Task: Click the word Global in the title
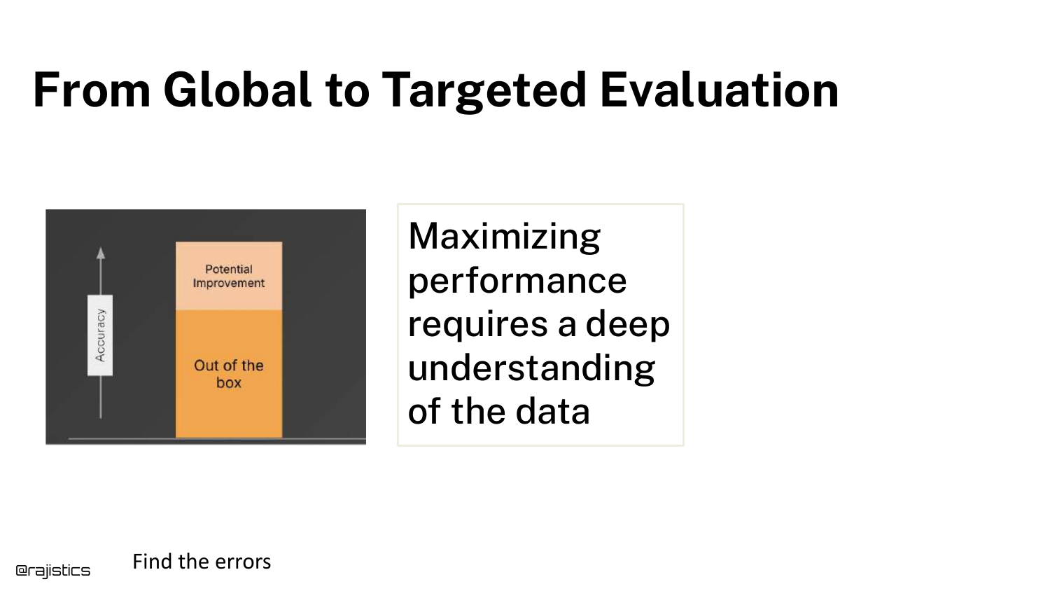237,90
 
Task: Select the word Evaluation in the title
719,90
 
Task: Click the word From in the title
92,90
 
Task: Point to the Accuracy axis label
100,335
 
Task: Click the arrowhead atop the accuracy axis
101,253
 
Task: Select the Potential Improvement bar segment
229,276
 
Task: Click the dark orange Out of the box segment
229,374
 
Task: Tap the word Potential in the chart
229,269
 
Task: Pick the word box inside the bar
229,383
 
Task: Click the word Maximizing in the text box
505,237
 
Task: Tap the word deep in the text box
628,324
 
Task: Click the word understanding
531,368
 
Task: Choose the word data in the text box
553,410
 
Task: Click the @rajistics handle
53,571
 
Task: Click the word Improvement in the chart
229,284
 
